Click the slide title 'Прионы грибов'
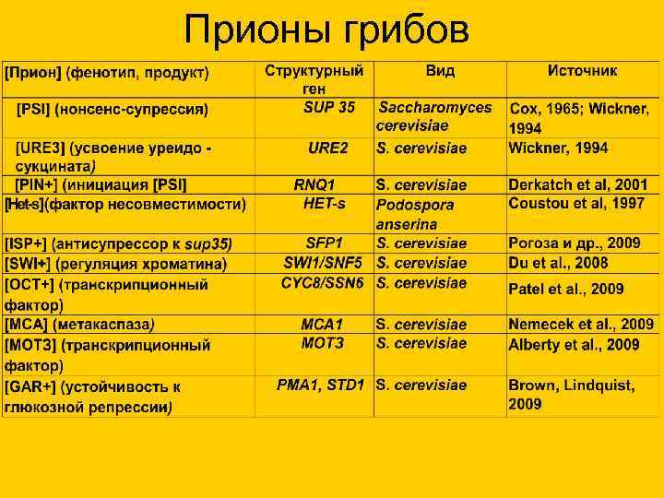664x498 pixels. tap(326, 30)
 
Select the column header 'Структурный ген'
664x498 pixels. tap(314, 79)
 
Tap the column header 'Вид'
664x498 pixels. tap(440, 71)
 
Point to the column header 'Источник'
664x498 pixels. tap(582, 71)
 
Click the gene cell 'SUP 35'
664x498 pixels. tap(328, 107)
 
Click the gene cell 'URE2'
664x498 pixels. tap(327, 148)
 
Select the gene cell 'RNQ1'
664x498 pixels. tap(314, 185)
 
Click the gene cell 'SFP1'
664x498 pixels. tap(324, 243)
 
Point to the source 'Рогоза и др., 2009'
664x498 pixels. tap(574, 243)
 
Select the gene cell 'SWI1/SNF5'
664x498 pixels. tap(323, 263)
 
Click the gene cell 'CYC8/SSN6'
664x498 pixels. tap(323, 282)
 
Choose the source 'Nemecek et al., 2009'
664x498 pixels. tap(581, 325)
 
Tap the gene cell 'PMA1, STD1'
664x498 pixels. tap(320, 385)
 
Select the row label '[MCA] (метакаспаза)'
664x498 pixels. tap(79, 325)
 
